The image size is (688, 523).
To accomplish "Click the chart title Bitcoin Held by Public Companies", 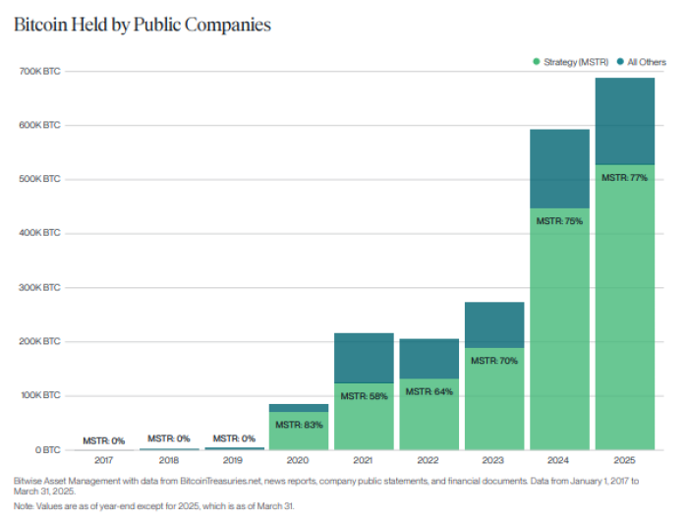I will coord(143,24).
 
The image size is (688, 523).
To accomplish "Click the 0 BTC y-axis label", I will coord(45,450).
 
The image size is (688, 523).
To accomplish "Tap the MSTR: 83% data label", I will coord(299,425).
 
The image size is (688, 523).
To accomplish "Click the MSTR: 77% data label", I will coord(624,178).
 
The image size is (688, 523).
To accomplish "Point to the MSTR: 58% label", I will coord(364,396).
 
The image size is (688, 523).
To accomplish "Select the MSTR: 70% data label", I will coord(493,361).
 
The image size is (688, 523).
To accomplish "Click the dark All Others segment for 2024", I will coord(559,168).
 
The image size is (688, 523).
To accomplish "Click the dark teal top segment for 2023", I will coord(494,324).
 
